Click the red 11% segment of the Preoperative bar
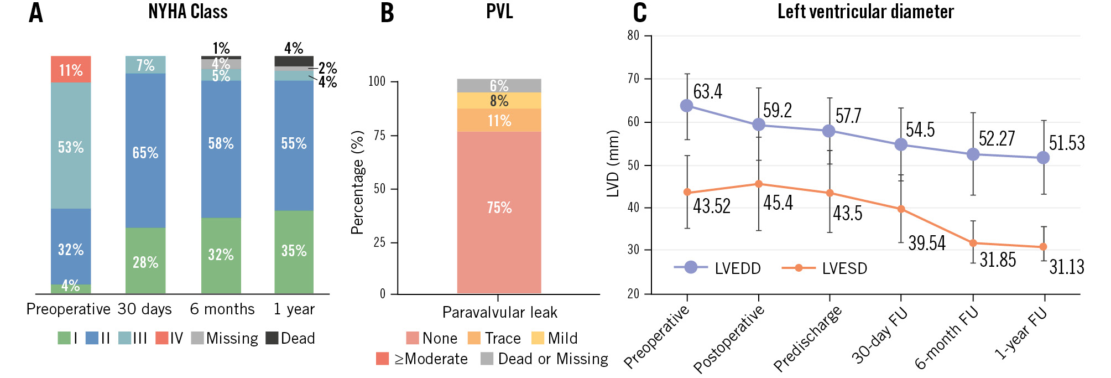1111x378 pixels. click(x=71, y=70)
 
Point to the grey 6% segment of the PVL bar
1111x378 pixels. click(x=499, y=86)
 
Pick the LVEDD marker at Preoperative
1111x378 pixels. click(x=687, y=106)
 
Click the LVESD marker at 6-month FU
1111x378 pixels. click(x=973, y=243)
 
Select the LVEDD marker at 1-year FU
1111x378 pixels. click(x=1043, y=158)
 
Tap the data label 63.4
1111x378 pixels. click(x=708, y=91)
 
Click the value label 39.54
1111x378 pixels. click(x=927, y=243)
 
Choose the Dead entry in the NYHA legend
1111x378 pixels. click(x=290, y=338)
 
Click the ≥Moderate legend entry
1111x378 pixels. click(x=422, y=359)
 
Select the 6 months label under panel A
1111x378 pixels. click(x=222, y=309)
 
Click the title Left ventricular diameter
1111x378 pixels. click(x=865, y=12)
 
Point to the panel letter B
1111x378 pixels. click(x=387, y=13)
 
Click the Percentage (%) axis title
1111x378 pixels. click(x=358, y=182)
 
